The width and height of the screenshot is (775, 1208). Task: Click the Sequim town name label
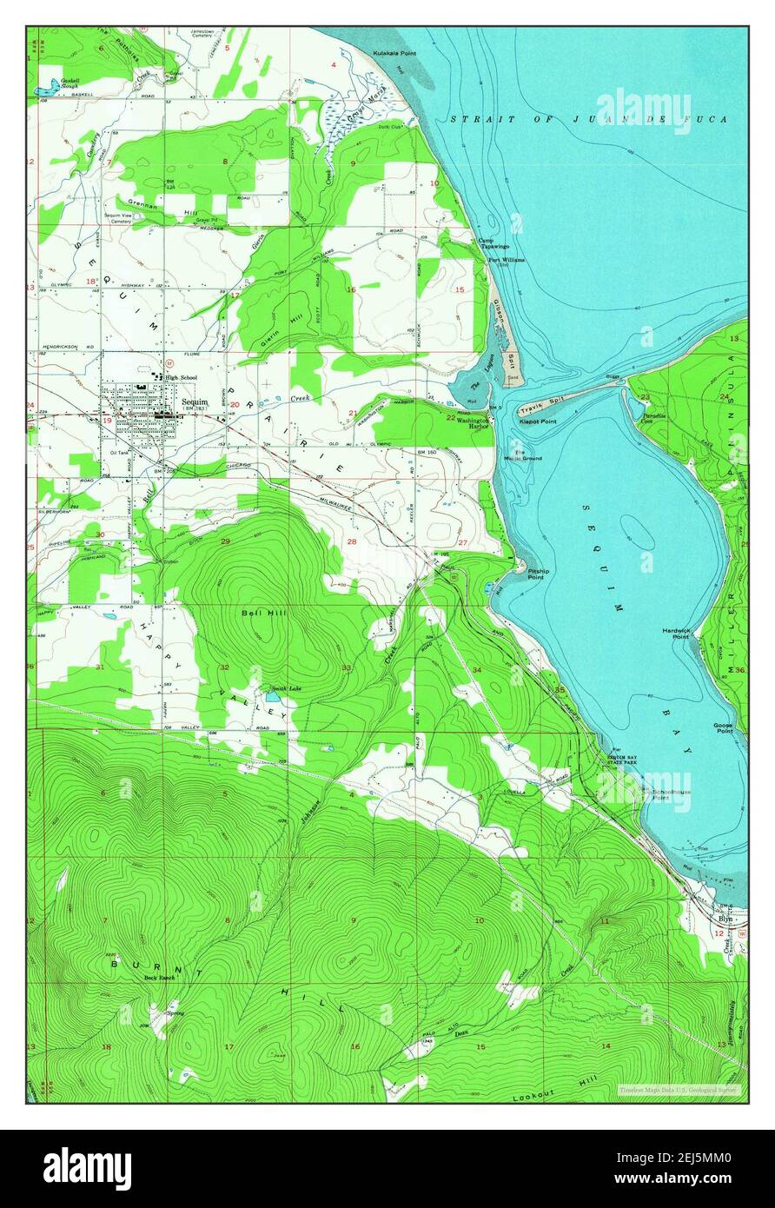point(195,402)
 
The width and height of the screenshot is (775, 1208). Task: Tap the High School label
point(182,377)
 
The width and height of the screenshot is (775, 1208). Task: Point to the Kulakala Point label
point(394,53)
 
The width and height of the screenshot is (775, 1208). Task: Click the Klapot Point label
point(537,421)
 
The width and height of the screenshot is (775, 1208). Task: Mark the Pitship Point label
point(536,574)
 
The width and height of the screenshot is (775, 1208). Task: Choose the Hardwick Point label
point(674,634)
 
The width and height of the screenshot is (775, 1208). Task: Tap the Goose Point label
point(723,728)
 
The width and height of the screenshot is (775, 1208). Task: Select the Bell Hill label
point(259,613)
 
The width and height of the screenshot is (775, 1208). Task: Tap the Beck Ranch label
point(160,978)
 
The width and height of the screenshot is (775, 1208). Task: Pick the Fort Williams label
point(506,260)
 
